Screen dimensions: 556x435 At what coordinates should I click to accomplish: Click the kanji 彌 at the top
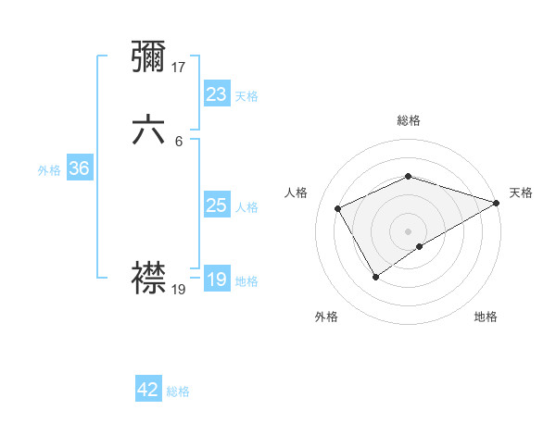tap(149, 57)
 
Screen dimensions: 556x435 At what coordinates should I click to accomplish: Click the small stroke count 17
tap(179, 68)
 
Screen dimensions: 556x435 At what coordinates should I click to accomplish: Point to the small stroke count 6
tap(179, 142)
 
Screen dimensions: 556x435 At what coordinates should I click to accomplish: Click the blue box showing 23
tap(216, 94)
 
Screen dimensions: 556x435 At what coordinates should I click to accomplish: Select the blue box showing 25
tap(216, 205)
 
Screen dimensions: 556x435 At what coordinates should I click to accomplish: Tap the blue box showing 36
tap(79, 168)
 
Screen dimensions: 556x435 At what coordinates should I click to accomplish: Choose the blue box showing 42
tap(148, 390)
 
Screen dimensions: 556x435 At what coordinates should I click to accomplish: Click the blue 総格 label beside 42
tap(178, 391)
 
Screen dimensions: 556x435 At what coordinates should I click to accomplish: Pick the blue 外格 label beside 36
tap(49, 170)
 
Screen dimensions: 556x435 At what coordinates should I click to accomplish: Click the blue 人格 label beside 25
tap(247, 207)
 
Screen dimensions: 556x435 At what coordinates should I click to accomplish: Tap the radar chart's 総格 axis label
tap(408, 120)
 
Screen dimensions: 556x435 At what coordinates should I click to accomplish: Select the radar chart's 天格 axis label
tap(521, 193)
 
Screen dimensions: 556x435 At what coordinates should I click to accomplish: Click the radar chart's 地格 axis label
tap(486, 317)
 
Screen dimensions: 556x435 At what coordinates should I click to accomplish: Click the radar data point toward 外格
tap(376, 276)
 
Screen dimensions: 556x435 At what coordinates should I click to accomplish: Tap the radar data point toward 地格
tap(420, 246)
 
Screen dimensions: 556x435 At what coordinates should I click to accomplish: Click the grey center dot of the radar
tap(408, 230)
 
